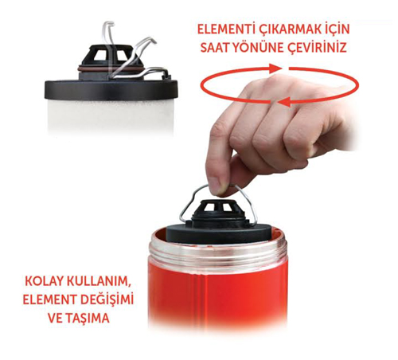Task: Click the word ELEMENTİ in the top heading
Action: point(225,29)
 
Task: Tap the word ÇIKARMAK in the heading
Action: point(288,30)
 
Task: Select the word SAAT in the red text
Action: point(215,48)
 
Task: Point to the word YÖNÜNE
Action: point(258,47)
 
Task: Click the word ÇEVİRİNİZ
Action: point(318,48)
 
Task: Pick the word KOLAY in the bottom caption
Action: point(42,281)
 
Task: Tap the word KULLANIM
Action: point(97,282)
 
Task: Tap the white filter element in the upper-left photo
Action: point(110,115)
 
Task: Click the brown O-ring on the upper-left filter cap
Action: point(110,69)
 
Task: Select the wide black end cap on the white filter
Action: point(111,90)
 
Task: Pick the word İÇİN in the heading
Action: point(336,29)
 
